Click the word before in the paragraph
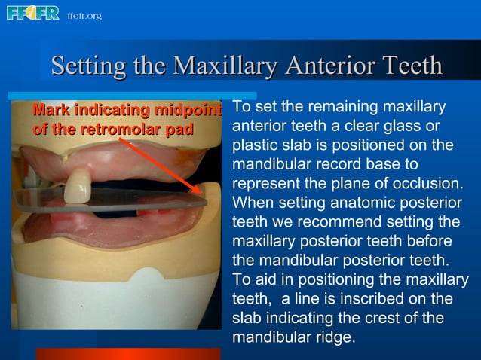pos(431,243)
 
